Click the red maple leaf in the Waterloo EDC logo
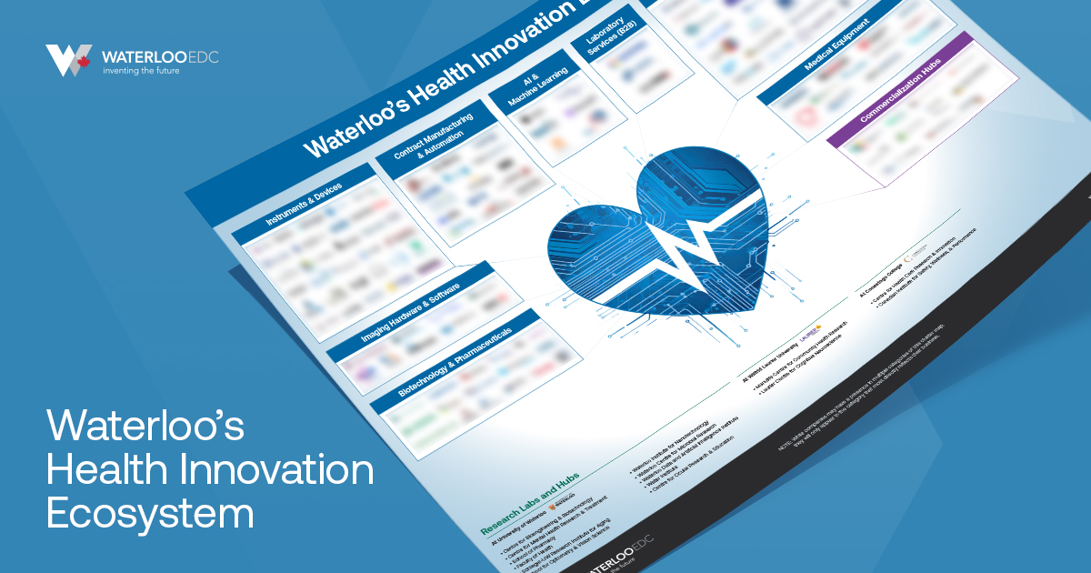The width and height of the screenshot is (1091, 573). point(84,62)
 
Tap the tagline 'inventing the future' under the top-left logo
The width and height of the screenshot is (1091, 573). point(141,71)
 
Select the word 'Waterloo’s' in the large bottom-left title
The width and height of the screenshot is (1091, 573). point(145,427)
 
